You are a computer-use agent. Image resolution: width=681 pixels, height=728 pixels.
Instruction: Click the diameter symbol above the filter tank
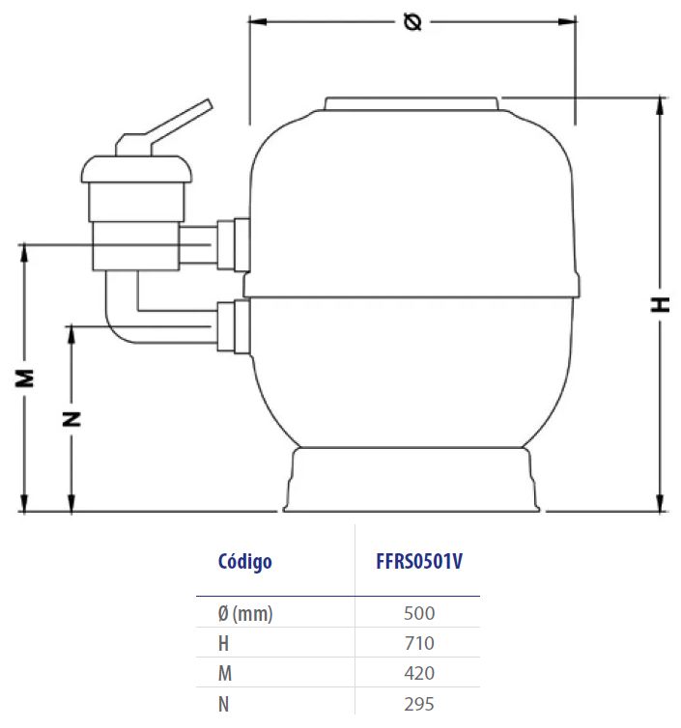pyautogui.click(x=412, y=22)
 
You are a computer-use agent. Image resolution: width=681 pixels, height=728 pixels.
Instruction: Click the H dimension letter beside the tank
pyautogui.click(x=660, y=304)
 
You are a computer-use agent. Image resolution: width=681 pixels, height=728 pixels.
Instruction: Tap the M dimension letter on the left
pyautogui.click(x=24, y=378)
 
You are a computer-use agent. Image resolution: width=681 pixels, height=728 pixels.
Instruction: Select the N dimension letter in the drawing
pyautogui.click(x=71, y=419)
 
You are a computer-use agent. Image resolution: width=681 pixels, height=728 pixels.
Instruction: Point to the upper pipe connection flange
pyautogui.click(x=234, y=244)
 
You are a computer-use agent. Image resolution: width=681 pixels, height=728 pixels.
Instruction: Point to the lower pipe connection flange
pyautogui.click(x=234, y=327)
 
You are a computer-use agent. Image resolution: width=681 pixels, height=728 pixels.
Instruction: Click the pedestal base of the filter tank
pyautogui.click(x=411, y=480)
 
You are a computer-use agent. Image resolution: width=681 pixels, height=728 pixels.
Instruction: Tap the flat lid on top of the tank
pyautogui.click(x=411, y=103)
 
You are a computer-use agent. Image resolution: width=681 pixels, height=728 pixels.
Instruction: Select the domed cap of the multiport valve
pyautogui.click(x=136, y=169)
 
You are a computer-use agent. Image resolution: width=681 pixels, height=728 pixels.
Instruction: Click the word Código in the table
pyautogui.click(x=244, y=562)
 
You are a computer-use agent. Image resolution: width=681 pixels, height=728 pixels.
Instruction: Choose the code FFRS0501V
pyautogui.click(x=419, y=561)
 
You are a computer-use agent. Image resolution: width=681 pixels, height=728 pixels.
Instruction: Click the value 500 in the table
pyautogui.click(x=419, y=613)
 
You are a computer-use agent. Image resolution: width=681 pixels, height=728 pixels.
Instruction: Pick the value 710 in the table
pyautogui.click(x=419, y=643)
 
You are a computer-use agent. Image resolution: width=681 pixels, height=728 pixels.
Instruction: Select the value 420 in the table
pyautogui.click(x=419, y=673)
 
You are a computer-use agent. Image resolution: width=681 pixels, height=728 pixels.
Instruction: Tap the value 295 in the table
pyautogui.click(x=419, y=704)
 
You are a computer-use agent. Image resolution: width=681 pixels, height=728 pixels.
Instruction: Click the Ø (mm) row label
pyautogui.click(x=245, y=614)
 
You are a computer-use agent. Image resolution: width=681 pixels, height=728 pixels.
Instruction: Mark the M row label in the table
pyautogui.click(x=225, y=673)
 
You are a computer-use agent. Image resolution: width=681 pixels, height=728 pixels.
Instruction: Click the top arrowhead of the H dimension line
pyautogui.click(x=660, y=106)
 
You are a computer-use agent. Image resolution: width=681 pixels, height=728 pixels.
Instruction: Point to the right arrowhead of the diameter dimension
pyautogui.click(x=567, y=21)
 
